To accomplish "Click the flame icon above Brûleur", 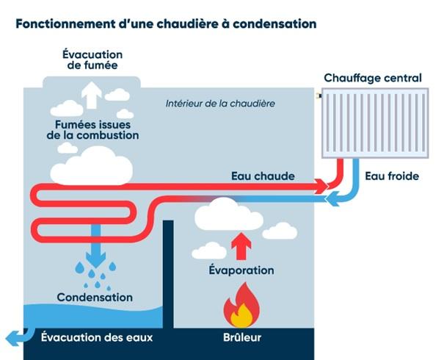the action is click(x=241, y=306).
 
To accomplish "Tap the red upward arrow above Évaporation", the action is click(x=241, y=246).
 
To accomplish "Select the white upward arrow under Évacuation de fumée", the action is click(x=92, y=96).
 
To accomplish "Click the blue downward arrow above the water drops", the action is click(x=95, y=246).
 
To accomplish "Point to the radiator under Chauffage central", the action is click(x=375, y=123).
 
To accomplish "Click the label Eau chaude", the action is click(x=263, y=176).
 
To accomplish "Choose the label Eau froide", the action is click(x=392, y=176).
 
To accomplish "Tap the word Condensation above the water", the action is click(x=95, y=298).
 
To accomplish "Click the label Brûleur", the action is click(x=242, y=337).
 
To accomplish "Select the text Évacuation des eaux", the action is click(x=97, y=337).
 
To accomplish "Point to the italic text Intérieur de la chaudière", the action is click(x=220, y=104).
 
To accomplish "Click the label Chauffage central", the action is click(x=373, y=78).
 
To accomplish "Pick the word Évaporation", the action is click(x=241, y=270).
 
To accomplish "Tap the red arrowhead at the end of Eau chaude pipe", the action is click(x=321, y=186).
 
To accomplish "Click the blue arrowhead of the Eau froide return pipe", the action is click(x=332, y=198).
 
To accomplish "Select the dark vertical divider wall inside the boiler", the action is click(x=168, y=274).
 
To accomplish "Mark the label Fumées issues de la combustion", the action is click(x=92, y=130).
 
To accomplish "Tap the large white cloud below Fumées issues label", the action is click(x=92, y=166).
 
